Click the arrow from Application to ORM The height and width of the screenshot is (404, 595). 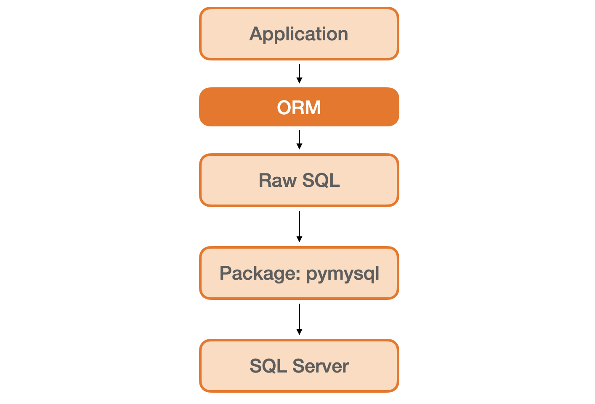tap(299, 72)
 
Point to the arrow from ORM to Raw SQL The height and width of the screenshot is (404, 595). tap(299, 138)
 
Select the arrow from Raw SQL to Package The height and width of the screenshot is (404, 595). tap(299, 225)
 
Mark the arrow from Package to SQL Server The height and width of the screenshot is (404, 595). tap(299, 317)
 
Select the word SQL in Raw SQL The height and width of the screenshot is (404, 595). tap(321, 181)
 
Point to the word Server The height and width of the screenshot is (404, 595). tap(321, 366)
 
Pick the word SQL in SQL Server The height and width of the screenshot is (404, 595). tap(268, 366)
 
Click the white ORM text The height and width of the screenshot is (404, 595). tap(299, 108)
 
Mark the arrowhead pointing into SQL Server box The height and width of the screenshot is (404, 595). tap(299, 332)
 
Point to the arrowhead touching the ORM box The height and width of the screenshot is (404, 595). tap(299, 81)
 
